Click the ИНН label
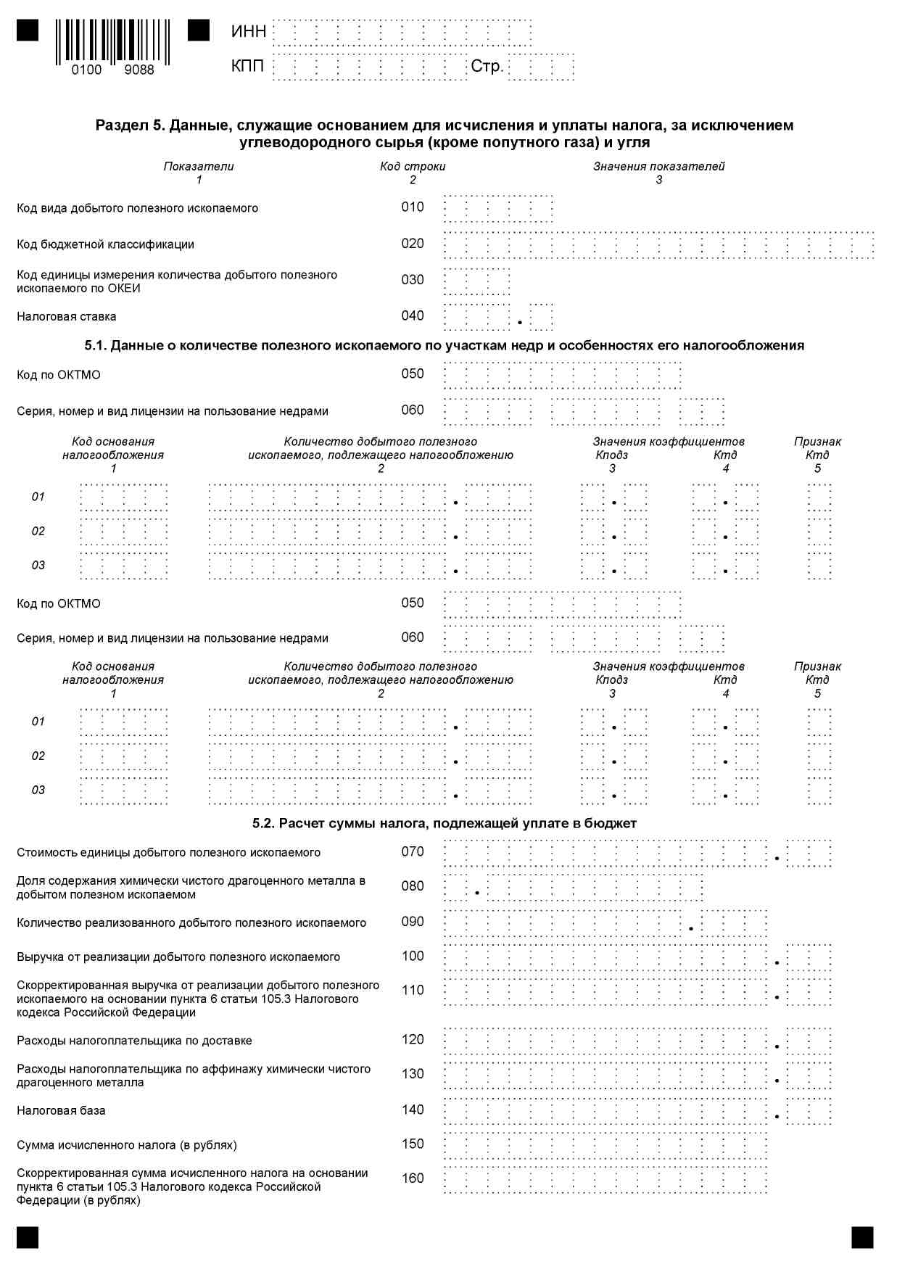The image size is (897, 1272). click(x=249, y=31)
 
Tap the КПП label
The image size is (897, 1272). click(x=247, y=66)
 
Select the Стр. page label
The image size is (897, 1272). click(x=487, y=66)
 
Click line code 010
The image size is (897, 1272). click(x=413, y=207)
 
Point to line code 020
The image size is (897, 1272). click(x=413, y=243)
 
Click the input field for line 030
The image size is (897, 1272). click(x=476, y=281)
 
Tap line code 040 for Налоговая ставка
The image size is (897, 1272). click(x=413, y=315)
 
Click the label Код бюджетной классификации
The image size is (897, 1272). click(x=106, y=244)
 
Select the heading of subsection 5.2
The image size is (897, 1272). click(x=445, y=823)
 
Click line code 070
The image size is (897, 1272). click(x=413, y=851)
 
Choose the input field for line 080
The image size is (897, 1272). click(x=573, y=887)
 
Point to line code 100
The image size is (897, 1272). click(x=413, y=956)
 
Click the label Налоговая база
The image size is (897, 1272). click(x=61, y=1110)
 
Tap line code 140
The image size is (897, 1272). click(x=413, y=1110)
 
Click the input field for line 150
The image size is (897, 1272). click(x=605, y=1145)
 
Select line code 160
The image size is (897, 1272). click(x=413, y=1178)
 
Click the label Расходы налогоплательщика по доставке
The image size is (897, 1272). click(x=134, y=1041)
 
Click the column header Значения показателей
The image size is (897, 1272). click(x=658, y=166)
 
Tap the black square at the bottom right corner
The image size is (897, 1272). click(x=862, y=1237)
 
